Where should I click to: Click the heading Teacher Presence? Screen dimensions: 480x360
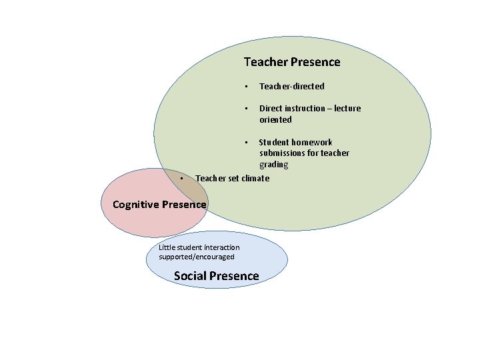click(x=292, y=62)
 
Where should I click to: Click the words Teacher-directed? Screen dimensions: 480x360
click(x=292, y=86)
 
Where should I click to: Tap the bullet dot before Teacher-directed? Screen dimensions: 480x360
click(x=246, y=86)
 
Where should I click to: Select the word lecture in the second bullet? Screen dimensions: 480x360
click(x=347, y=108)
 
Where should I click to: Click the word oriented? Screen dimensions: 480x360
click(x=275, y=119)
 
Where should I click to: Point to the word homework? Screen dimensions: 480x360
click(x=312, y=142)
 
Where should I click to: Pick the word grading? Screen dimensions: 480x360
click(x=274, y=165)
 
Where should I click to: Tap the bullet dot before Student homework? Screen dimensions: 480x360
click(x=246, y=142)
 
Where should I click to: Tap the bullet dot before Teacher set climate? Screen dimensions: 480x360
click(x=182, y=178)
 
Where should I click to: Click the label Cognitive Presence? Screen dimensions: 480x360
click(x=159, y=204)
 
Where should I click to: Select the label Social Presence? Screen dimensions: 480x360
click(x=216, y=276)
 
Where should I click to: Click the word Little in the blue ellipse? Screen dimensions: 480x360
click(x=167, y=247)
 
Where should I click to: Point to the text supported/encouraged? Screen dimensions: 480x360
click(x=197, y=257)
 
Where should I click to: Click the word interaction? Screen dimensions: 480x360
click(x=221, y=247)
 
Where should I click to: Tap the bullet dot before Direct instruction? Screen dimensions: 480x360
click(x=246, y=108)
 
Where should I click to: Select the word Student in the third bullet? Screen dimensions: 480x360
click(x=274, y=142)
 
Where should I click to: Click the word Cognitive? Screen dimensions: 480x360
click(x=136, y=204)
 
